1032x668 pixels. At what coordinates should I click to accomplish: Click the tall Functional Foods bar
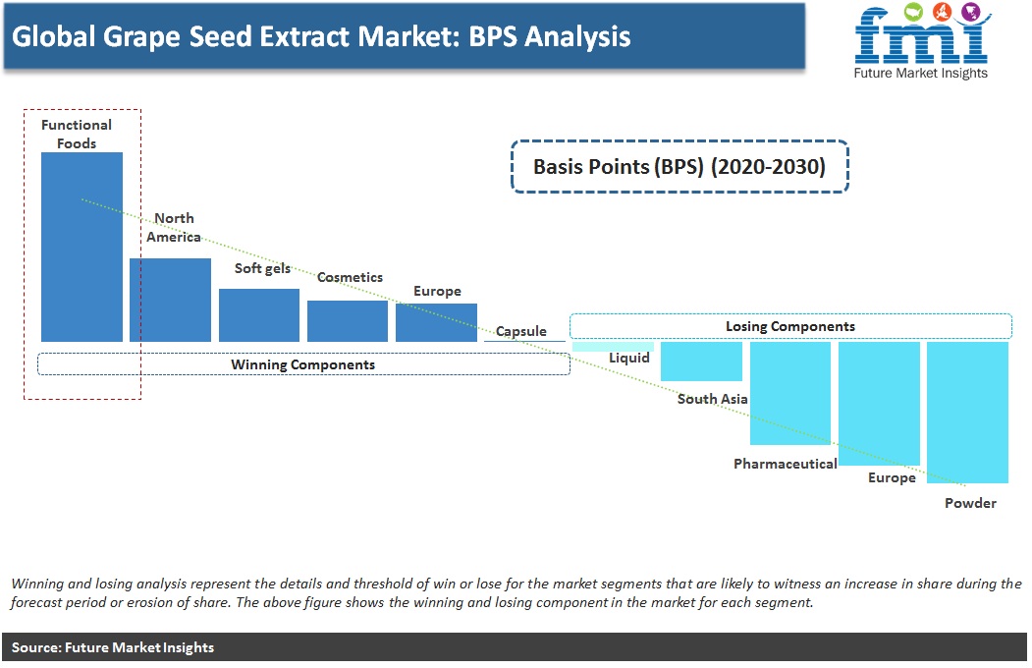pyautogui.click(x=81, y=247)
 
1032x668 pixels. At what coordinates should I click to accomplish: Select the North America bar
pyautogui.click(x=171, y=300)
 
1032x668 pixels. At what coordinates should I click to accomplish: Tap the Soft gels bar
pyautogui.click(x=259, y=315)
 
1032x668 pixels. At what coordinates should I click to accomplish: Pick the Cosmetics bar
pyautogui.click(x=348, y=321)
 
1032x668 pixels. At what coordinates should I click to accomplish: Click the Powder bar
pyautogui.click(x=967, y=413)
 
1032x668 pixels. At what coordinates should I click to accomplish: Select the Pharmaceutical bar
pyautogui.click(x=790, y=393)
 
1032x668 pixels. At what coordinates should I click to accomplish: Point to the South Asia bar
pyautogui.click(x=702, y=362)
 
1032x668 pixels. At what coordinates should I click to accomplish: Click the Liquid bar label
pyautogui.click(x=629, y=358)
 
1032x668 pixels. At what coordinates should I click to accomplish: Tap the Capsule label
pyautogui.click(x=521, y=331)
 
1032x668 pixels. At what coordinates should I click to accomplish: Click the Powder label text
pyautogui.click(x=971, y=503)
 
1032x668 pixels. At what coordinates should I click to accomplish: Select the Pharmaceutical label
pyautogui.click(x=786, y=464)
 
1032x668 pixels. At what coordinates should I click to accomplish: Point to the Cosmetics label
pyautogui.click(x=351, y=277)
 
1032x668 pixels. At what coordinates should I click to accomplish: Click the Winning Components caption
pyautogui.click(x=302, y=364)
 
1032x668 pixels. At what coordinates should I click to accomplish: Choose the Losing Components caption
pyautogui.click(x=790, y=326)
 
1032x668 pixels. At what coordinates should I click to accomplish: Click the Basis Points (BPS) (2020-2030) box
pyautogui.click(x=679, y=166)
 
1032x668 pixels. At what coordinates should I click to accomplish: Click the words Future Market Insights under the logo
pyautogui.click(x=921, y=73)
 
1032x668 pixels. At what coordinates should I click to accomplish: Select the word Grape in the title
pyautogui.click(x=141, y=37)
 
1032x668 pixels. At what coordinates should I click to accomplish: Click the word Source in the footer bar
pyautogui.click(x=36, y=647)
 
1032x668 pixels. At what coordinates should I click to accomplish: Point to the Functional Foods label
pyautogui.click(x=77, y=134)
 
